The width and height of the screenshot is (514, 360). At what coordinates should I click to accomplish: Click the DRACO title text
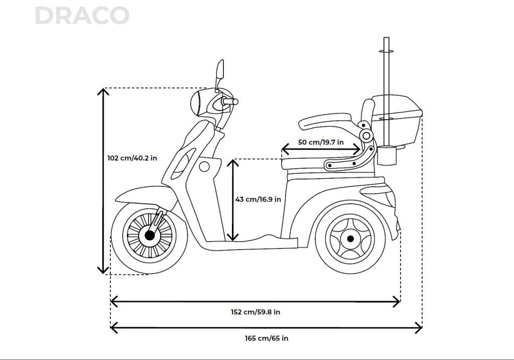click(x=82, y=16)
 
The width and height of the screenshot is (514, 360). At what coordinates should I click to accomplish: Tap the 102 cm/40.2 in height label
click(x=132, y=158)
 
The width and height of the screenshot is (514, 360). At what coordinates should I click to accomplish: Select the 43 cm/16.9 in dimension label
click(x=258, y=199)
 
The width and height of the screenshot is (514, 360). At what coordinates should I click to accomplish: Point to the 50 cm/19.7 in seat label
click(x=321, y=142)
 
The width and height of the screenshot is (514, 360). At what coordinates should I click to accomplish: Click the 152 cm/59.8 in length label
click(x=255, y=312)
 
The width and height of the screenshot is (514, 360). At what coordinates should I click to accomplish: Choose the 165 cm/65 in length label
click(x=266, y=338)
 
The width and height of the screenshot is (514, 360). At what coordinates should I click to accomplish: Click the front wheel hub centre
click(x=150, y=234)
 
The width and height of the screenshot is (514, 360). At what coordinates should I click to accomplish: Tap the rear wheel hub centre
click(x=350, y=238)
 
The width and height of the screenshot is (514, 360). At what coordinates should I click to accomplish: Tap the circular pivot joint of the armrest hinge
click(x=366, y=136)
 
